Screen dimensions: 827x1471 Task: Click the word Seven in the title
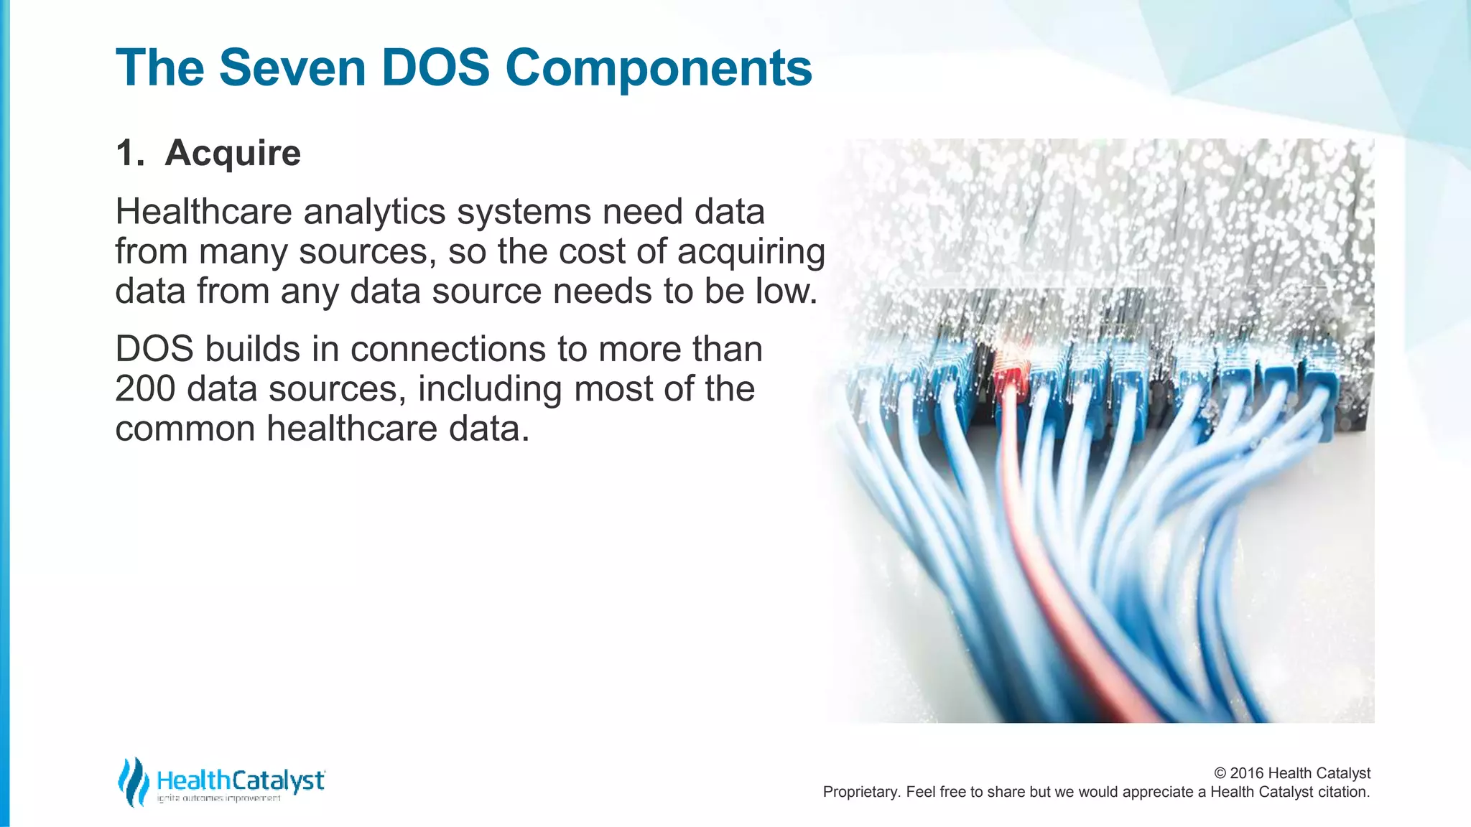(292, 68)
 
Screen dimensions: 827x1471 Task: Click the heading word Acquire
(233, 153)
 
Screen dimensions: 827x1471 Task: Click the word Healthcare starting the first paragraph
(203, 212)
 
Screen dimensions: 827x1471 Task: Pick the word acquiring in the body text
(751, 253)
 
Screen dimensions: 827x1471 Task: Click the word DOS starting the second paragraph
(154, 349)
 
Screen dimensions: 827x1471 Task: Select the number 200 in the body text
(145, 389)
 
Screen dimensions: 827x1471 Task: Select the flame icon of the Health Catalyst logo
(133, 781)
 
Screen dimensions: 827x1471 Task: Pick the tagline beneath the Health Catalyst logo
(219, 798)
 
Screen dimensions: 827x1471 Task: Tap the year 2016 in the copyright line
(1246, 773)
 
